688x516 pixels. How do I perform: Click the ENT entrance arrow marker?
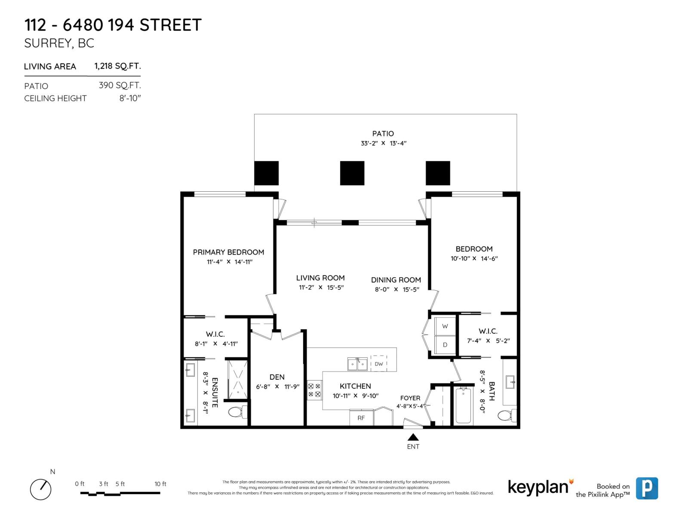tap(413, 437)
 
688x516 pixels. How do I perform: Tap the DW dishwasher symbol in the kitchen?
tap(378, 364)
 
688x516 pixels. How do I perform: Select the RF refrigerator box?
tap(361, 418)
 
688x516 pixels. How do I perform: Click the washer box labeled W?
tap(445, 326)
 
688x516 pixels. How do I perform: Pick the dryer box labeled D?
tap(445, 345)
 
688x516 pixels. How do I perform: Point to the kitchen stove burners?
tap(314, 390)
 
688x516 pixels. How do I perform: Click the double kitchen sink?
tap(358, 364)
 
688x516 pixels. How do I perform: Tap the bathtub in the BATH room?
tap(463, 405)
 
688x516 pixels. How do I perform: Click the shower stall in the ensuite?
tap(237, 380)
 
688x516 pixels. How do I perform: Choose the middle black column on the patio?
tap(352, 173)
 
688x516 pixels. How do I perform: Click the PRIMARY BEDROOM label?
tap(228, 252)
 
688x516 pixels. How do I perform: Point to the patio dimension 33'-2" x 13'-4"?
tap(383, 143)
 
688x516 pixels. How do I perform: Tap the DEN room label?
tap(277, 377)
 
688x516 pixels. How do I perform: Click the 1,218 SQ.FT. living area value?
tap(117, 66)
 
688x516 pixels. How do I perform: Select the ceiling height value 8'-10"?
tap(130, 98)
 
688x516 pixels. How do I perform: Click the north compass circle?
tap(40, 489)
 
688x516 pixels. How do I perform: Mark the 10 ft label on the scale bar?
tap(160, 484)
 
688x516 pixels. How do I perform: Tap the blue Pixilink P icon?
tap(647, 488)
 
